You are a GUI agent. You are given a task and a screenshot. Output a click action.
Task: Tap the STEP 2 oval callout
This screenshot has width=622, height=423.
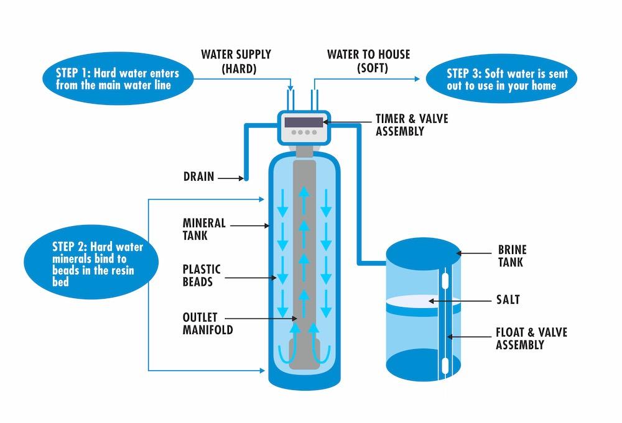[x=87, y=265]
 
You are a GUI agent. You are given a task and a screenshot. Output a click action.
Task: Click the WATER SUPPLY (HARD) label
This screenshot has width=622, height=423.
[x=236, y=61]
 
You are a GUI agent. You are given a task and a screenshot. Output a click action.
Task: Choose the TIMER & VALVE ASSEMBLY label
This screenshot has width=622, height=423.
[x=411, y=125]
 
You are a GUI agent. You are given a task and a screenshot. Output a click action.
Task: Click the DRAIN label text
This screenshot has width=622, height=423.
[x=198, y=177]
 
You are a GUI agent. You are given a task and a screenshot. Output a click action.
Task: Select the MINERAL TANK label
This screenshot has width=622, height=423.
[x=204, y=229]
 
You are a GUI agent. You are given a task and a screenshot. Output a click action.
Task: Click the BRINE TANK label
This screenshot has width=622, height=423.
[x=512, y=256]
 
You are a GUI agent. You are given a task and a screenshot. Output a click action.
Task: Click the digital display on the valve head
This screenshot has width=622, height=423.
[x=304, y=122]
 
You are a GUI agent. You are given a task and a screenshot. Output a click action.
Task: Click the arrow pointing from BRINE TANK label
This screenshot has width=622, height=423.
[x=476, y=253]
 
